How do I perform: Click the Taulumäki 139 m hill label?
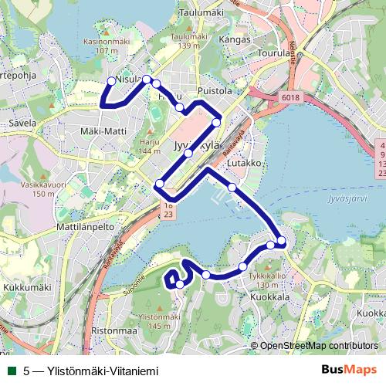coord(190,42)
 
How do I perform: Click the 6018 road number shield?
coord(289,97)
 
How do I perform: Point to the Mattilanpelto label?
coord(86,229)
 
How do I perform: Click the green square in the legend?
coord(10,371)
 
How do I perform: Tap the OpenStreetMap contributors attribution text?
coord(319,346)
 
